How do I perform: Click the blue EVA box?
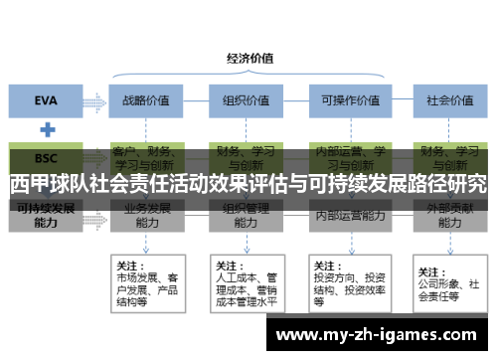46,99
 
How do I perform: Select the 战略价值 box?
145,99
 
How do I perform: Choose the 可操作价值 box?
344,99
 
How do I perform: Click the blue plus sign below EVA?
46,129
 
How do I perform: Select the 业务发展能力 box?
145,217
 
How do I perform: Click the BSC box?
46,158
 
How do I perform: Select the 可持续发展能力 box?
46,216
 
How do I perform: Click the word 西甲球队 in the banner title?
50,185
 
